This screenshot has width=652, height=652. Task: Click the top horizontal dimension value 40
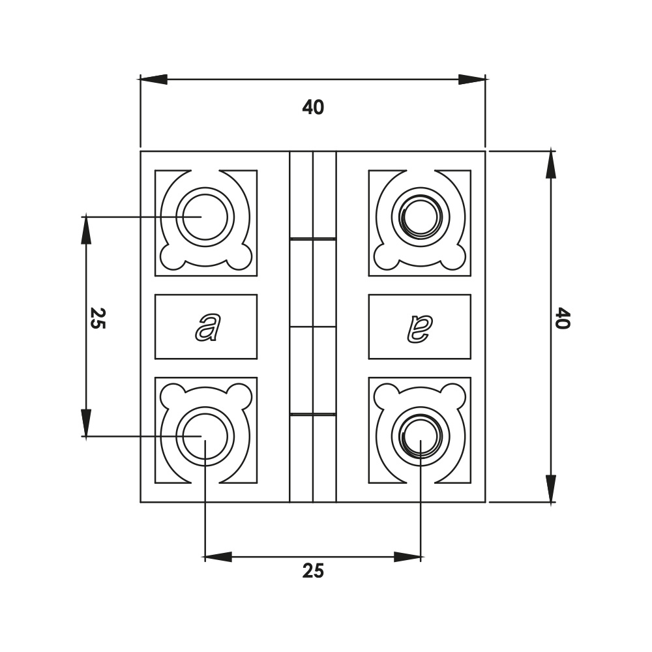(313, 108)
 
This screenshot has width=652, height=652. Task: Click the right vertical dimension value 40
(563, 319)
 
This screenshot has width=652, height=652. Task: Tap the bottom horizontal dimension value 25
(313, 571)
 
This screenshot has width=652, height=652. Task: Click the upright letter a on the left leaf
(207, 327)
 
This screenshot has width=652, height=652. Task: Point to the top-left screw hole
(205, 216)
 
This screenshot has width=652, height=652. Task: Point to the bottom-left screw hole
(205, 436)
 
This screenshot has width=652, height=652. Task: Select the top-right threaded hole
(421, 216)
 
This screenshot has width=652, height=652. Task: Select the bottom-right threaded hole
(421, 436)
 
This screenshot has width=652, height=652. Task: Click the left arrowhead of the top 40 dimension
(154, 80)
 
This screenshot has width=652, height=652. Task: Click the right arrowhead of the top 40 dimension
(472, 80)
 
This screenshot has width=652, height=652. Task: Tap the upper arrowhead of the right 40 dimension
(552, 164)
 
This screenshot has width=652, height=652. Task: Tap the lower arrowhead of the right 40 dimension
(552, 489)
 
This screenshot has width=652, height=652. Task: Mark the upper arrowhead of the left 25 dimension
(86, 230)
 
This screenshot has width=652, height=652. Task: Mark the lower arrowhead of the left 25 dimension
(86, 422)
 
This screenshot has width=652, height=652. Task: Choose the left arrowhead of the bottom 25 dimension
(218, 557)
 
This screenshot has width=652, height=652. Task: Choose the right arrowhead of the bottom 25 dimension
(407, 557)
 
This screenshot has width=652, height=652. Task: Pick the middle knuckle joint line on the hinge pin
(313, 327)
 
